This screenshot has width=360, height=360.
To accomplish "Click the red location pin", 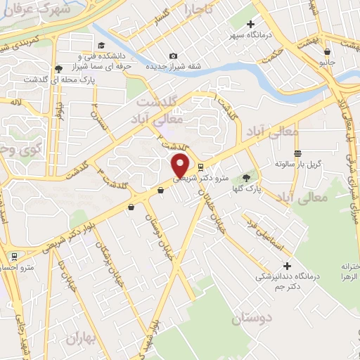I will (181, 165).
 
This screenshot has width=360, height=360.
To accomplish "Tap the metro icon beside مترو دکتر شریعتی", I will (202, 167).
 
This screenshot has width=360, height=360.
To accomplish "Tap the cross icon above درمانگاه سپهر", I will (250, 25).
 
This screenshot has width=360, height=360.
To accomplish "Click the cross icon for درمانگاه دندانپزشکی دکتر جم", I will (286, 266).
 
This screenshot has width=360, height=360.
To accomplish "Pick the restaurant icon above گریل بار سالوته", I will (298, 153).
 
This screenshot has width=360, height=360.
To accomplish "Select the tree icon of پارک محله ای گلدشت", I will (58, 69).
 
